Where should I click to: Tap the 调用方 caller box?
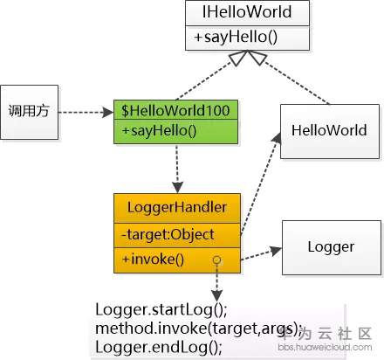click(x=31, y=111)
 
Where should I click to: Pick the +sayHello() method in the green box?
click(x=160, y=132)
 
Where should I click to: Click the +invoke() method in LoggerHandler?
click(x=154, y=259)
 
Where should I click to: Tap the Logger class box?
click(x=331, y=246)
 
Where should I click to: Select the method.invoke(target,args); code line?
click(x=196, y=329)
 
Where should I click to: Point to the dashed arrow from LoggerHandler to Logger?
click(x=257, y=254)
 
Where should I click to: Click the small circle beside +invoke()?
click(x=215, y=260)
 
